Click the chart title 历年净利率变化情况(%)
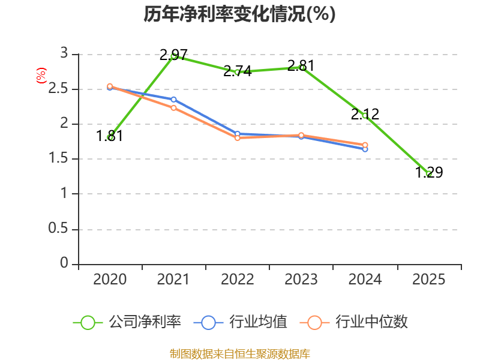click(x=239, y=14)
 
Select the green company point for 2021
click(x=173, y=56)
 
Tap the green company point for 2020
click(x=110, y=137)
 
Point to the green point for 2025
click(x=429, y=174)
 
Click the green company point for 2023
click(x=302, y=68)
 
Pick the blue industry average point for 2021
click(x=173, y=100)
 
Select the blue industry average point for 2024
click(x=365, y=149)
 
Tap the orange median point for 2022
click(x=238, y=138)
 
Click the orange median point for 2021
click(x=173, y=108)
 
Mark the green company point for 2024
click(x=365, y=115)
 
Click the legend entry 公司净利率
click(x=127, y=322)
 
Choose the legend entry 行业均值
click(x=241, y=322)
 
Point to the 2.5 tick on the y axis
click(x=62, y=89)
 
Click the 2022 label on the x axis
click(x=238, y=280)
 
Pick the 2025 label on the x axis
click(x=429, y=280)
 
